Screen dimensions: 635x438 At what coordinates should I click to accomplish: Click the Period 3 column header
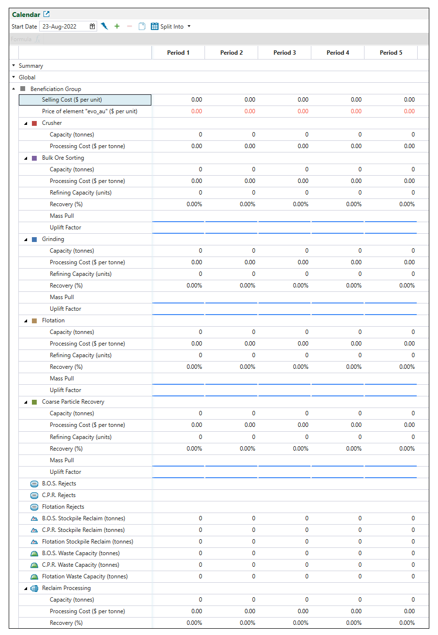click(x=284, y=53)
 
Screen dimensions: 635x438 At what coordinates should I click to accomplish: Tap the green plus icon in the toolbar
click(x=117, y=27)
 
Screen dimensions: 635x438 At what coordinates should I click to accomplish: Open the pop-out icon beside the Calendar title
click(x=46, y=15)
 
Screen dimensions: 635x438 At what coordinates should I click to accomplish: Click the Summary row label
click(x=31, y=66)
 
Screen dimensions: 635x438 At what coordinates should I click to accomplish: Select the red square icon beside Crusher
click(x=34, y=123)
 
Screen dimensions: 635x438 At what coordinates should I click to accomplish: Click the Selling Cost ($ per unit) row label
click(x=72, y=100)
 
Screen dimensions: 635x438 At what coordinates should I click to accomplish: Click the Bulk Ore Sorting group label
click(x=63, y=158)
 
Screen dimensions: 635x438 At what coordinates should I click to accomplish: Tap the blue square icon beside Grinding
click(x=34, y=239)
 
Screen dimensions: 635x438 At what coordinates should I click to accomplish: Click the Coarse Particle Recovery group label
click(x=73, y=402)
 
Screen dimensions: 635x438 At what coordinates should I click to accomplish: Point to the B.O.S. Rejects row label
click(x=59, y=484)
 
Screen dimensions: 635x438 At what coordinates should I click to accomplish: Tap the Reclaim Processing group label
click(x=66, y=588)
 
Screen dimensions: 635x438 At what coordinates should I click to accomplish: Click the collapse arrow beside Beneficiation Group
click(x=14, y=89)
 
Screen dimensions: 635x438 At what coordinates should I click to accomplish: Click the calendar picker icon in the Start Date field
click(x=92, y=27)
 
